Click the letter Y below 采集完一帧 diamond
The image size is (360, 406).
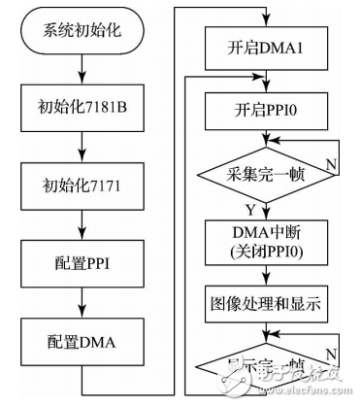click(x=251, y=207)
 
